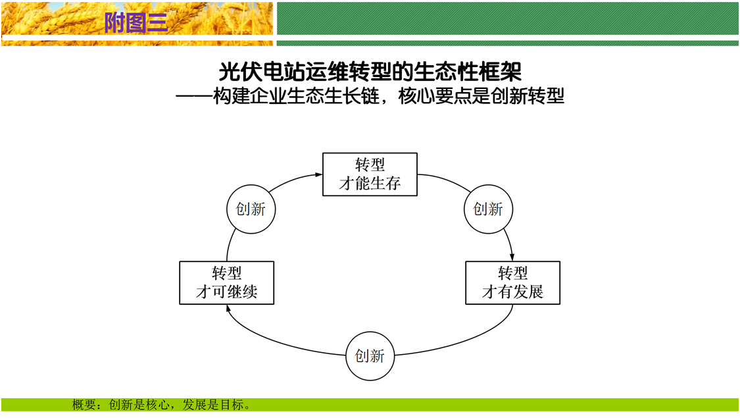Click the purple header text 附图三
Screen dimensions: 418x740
pyautogui.click(x=137, y=23)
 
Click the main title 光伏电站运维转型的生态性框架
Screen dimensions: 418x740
pyautogui.click(x=370, y=72)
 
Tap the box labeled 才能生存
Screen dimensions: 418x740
pyautogui.click(x=370, y=174)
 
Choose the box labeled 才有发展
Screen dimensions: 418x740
pyautogui.click(x=512, y=283)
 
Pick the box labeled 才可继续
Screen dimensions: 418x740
pyautogui.click(x=226, y=283)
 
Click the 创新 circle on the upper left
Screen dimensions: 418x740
pyautogui.click(x=251, y=209)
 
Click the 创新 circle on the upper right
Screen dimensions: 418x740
pyautogui.click(x=488, y=209)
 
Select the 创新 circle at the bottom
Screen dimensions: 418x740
pyautogui.click(x=370, y=356)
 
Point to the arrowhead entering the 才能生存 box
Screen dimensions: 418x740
pyautogui.click(x=319, y=174)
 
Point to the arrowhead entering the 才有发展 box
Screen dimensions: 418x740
pyautogui.click(x=512, y=258)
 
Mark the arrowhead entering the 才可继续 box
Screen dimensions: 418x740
pyautogui.click(x=228, y=308)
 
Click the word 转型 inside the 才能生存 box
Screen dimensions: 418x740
pyautogui.click(x=370, y=165)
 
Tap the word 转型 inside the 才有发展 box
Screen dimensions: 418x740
pyautogui.click(x=512, y=273)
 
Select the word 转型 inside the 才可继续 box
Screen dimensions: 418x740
pyautogui.click(x=226, y=273)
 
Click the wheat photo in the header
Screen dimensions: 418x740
pyautogui.click(x=53, y=23)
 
